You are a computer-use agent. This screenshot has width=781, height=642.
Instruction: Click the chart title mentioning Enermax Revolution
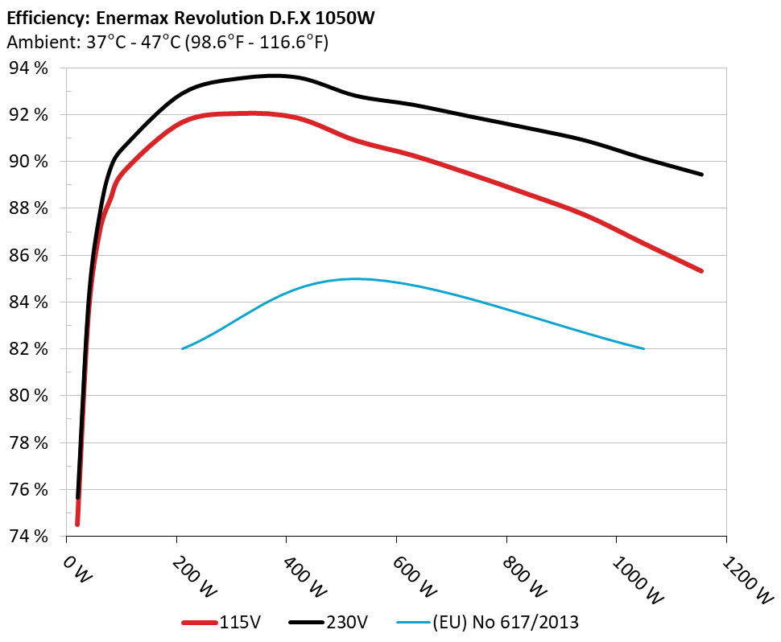coord(190,16)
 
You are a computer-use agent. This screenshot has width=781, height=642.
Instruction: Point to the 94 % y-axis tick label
coord(28,68)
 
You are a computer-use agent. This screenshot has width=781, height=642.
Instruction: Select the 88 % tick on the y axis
coord(28,208)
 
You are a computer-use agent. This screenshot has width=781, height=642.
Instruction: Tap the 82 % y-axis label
coord(28,349)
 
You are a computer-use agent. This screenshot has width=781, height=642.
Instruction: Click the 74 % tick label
coord(28,536)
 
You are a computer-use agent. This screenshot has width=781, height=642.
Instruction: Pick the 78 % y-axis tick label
coord(28,442)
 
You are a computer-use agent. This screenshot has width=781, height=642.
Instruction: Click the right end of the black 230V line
coord(702,174)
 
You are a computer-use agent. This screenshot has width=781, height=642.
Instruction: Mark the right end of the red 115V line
coord(702,271)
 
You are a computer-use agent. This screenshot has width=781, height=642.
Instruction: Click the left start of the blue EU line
coord(183,348)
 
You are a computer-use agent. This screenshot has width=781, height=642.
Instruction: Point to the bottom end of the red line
coord(77,525)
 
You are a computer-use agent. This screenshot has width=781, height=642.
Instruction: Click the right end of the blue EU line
coord(644,348)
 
